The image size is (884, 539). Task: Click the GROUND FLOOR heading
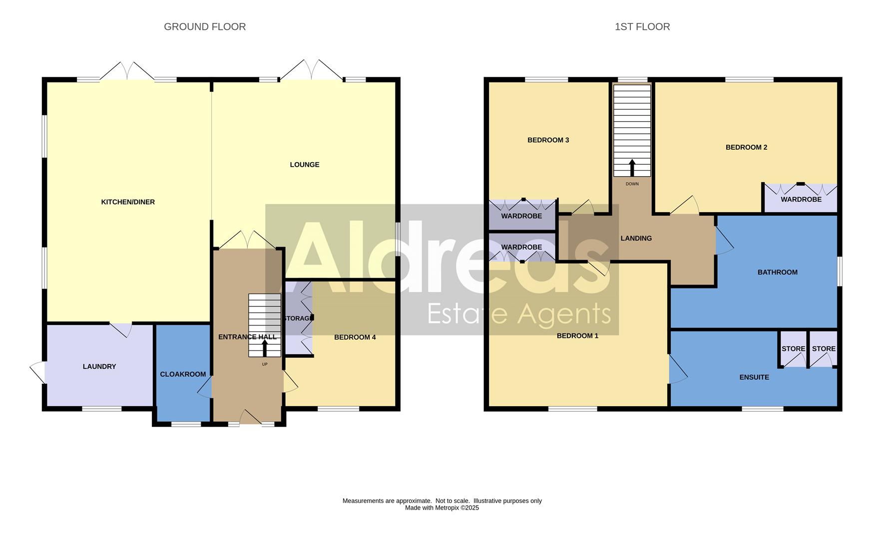point(205,27)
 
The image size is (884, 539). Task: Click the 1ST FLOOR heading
point(642,27)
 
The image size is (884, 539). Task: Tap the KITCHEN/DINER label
point(128,202)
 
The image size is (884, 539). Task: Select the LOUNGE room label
point(304,165)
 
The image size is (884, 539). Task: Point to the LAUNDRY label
point(99,367)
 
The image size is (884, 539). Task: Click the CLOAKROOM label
point(183,374)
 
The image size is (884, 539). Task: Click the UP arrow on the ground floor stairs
point(265,347)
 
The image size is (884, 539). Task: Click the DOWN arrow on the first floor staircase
point(632,168)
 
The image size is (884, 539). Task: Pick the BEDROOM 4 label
point(355,337)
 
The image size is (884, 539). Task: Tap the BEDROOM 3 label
point(548,140)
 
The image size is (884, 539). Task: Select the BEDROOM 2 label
point(746,147)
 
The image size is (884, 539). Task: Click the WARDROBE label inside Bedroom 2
point(801,200)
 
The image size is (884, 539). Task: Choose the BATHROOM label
point(777,272)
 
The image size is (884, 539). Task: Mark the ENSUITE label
point(754,377)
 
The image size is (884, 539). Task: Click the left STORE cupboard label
point(793,349)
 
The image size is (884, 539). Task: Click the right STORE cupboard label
point(824,349)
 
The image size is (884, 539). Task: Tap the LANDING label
point(636,239)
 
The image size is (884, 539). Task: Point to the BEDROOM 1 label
point(577,336)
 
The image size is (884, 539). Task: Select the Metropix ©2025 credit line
point(442,508)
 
